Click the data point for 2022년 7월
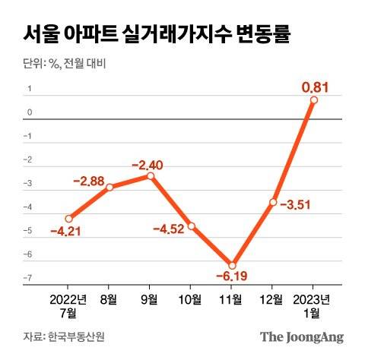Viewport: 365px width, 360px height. [68, 218]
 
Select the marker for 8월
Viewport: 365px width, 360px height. [109, 187]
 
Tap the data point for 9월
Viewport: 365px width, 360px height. [151, 175]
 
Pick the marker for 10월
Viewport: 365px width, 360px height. [192, 226]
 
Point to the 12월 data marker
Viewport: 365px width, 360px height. [273, 202]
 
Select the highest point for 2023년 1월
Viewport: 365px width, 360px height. [314, 99]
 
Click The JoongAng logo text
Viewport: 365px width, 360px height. [302, 336]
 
